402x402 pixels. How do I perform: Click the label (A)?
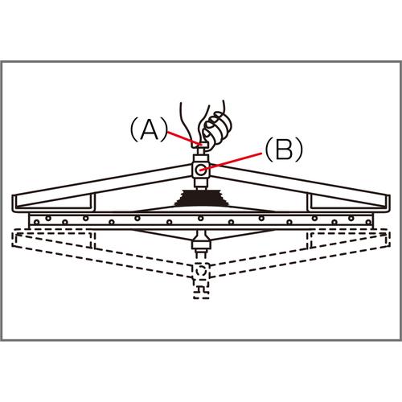point(149,130)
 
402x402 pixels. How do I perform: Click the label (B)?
point(284,150)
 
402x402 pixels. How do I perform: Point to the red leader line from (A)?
point(184,138)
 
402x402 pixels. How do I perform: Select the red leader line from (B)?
point(231,161)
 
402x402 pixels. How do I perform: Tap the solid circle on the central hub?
point(201,170)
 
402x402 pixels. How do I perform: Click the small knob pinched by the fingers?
point(200,145)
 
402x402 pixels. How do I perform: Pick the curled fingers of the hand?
point(216,126)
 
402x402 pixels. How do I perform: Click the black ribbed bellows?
point(202,198)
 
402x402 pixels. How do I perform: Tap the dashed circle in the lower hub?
point(201,271)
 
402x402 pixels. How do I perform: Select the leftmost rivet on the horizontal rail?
point(37,222)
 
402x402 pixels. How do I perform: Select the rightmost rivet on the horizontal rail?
point(369,222)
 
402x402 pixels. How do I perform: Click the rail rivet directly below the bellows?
point(201,219)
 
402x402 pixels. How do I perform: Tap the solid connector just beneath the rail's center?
point(202,240)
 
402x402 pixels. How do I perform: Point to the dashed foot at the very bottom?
point(201,293)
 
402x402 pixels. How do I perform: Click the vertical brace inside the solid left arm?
point(93,201)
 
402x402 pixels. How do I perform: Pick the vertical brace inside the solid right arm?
point(310,202)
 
